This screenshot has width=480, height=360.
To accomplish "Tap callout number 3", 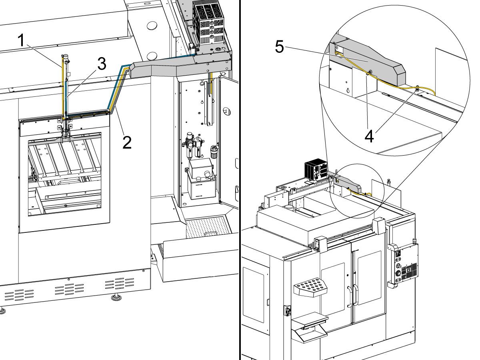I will tap(102, 64).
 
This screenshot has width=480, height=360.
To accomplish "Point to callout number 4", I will tap(370, 136).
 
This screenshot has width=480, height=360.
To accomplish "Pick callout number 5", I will tap(279, 47).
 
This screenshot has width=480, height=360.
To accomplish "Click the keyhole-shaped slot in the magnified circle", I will tap(349, 91).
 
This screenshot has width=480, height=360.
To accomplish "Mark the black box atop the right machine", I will tap(316, 170).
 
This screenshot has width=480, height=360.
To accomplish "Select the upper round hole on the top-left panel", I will tap(152, 26).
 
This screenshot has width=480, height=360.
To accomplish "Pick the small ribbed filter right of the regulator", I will tap(212, 152).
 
